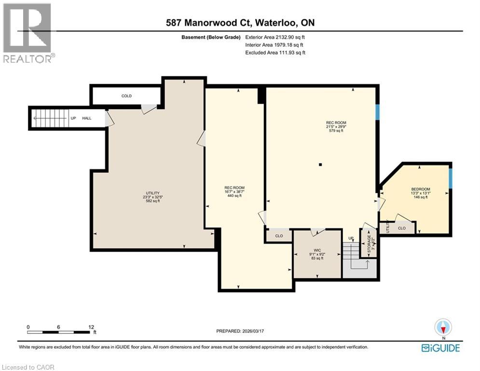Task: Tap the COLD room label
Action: [x=126, y=96]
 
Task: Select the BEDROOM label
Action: [x=420, y=189]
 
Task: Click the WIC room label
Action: [x=317, y=250]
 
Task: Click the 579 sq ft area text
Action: [x=336, y=130]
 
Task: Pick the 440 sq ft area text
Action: [x=234, y=196]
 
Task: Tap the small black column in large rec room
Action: [x=320, y=165]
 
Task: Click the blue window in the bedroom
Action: [x=451, y=178]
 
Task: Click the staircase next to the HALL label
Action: [x=50, y=117]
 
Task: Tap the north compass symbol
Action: [x=442, y=328]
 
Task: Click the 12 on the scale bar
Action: [x=92, y=327]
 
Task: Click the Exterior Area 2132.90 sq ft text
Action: [x=275, y=37]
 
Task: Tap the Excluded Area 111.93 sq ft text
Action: [x=275, y=53]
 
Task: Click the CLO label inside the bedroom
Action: [x=402, y=228]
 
